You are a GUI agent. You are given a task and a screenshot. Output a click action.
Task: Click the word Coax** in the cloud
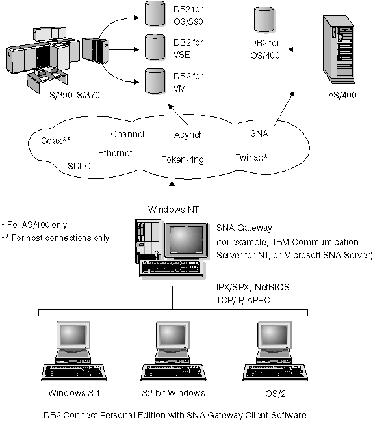[56, 140]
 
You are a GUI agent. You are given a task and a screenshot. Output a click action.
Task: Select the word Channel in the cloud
[127, 134]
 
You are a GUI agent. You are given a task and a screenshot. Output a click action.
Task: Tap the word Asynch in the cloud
[189, 135]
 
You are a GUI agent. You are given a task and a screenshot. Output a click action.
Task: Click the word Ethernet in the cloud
[115, 153]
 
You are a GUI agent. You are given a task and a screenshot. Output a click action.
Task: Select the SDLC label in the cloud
[79, 166]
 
